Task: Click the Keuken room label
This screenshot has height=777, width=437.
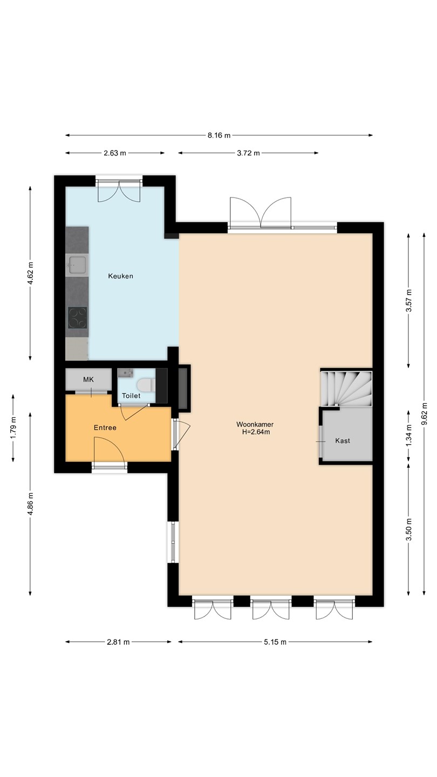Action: pyautogui.click(x=120, y=276)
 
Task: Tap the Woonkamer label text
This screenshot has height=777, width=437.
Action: pyautogui.click(x=255, y=424)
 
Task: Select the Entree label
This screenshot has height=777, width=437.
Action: pyautogui.click(x=105, y=428)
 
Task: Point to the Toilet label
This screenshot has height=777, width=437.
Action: pyautogui.click(x=131, y=396)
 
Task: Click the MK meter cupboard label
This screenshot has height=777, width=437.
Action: pyautogui.click(x=88, y=379)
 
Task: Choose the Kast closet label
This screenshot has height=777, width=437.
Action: pyautogui.click(x=343, y=440)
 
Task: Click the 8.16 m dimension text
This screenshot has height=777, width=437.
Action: pyautogui.click(x=219, y=135)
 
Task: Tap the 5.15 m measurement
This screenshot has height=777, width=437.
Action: pyautogui.click(x=275, y=642)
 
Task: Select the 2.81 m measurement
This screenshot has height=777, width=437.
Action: pyautogui.click(x=118, y=642)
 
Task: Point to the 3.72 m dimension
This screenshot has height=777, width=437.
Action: pyautogui.click(x=248, y=153)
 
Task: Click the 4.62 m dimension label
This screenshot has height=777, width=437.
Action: pyautogui.click(x=30, y=273)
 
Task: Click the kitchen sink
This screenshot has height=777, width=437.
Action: pyautogui.click(x=77, y=265)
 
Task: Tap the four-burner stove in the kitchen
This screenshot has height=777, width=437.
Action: pyautogui.click(x=77, y=318)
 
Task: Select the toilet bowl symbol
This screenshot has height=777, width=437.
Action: pyautogui.click(x=146, y=384)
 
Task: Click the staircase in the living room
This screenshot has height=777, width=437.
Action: pyautogui.click(x=346, y=388)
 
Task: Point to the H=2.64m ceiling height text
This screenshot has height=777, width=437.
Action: pyautogui.click(x=256, y=432)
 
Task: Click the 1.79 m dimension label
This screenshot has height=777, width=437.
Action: pyautogui.click(x=13, y=427)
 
